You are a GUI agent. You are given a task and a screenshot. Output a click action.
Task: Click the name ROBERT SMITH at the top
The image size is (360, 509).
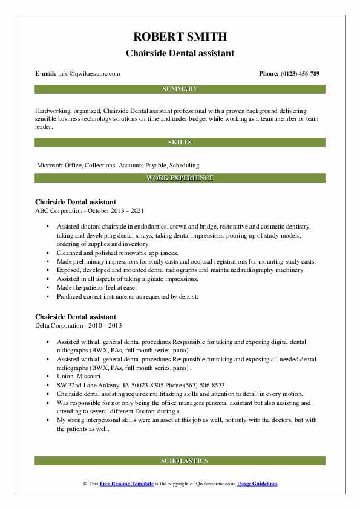click(180, 38)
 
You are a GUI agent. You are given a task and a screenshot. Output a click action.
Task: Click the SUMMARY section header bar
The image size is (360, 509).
click(180, 89)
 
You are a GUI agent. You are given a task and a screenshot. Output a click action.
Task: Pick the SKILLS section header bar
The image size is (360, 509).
click(180, 143)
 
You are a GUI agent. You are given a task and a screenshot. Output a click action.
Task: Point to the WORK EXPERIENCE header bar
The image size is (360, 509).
click(180, 178)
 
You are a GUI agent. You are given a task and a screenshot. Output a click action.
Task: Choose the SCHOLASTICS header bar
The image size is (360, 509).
click(180, 461)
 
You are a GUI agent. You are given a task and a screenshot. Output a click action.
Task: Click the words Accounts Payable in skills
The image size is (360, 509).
click(142, 164)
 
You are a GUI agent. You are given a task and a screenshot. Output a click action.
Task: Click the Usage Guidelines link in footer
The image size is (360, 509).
click(257, 484)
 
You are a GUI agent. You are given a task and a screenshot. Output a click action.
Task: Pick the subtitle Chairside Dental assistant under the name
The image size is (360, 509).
click(180, 53)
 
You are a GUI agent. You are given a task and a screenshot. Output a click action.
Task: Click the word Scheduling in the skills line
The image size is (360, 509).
click(183, 164)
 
